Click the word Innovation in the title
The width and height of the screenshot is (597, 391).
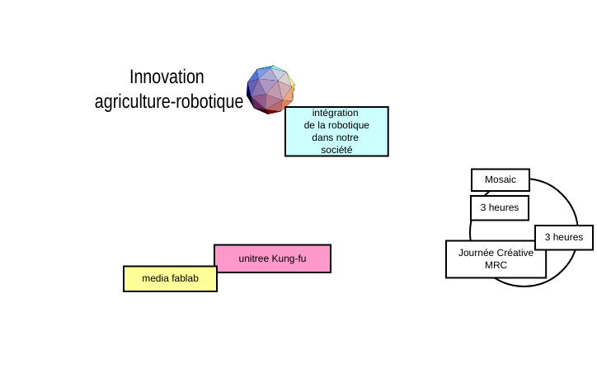pyautogui.click(x=167, y=77)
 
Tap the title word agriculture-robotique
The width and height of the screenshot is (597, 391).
pyautogui.click(x=169, y=101)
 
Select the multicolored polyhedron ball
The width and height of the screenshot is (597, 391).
pyautogui.click(x=270, y=90)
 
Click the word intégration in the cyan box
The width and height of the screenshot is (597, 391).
pyautogui.click(x=335, y=113)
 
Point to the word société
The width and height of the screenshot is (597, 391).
pyautogui.click(x=336, y=150)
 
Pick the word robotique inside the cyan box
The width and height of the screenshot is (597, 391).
pyautogui.click(x=349, y=125)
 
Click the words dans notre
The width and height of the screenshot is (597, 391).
pyautogui.click(x=335, y=137)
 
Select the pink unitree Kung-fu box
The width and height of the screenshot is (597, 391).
pyautogui.click(x=273, y=258)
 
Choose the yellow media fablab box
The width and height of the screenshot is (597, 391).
pyautogui.click(x=170, y=278)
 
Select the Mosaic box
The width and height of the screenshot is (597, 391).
pyautogui.click(x=501, y=179)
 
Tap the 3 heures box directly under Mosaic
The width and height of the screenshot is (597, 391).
pyautogui.click(x=500, y=208)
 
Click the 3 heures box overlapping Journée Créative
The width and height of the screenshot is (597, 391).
pyautogui.click(x=564, y=238)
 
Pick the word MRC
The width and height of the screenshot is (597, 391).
pyautogui.click(x=496, y=265)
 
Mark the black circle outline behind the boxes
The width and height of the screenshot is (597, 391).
pyautogui.click(x=577, y=224)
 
